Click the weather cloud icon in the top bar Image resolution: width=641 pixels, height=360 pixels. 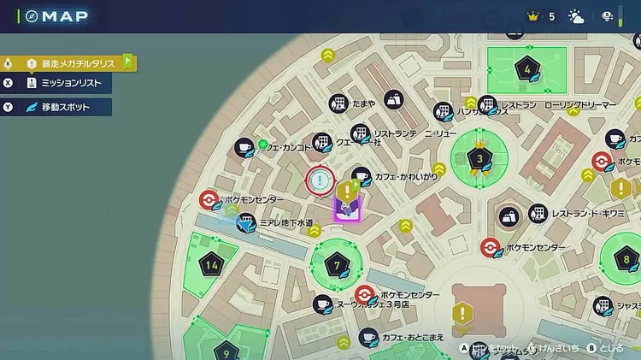(x=576, y=16)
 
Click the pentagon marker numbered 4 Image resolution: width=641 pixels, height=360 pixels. (x=527, y=69)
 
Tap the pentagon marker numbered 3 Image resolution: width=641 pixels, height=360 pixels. (x=479, y=158)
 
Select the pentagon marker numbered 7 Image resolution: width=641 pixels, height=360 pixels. (x=337, y=265)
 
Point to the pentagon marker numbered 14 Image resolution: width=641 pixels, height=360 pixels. (x=212, y=265)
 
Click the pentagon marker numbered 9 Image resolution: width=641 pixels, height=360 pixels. (x=226, y=350)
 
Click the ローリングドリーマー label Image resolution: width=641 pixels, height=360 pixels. (x=579, y=105)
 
